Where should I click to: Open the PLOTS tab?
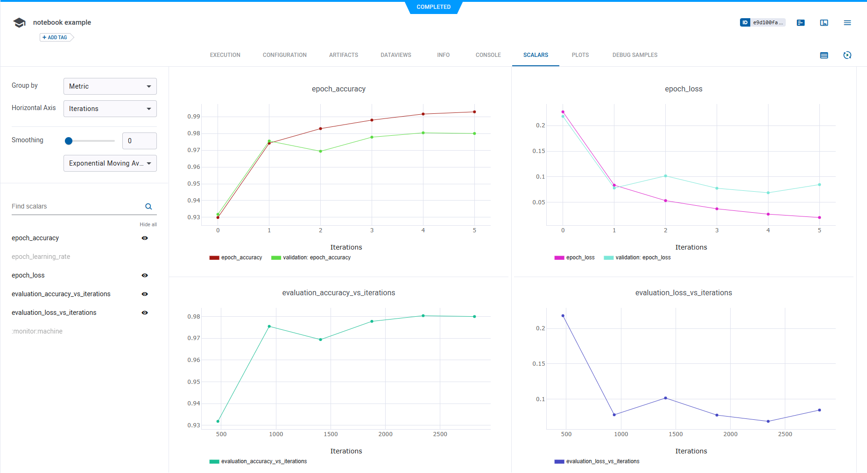coord(580,55)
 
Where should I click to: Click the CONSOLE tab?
coord(488,55)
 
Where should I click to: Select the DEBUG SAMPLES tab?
coord(634,55)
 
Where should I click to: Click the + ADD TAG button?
coord(56,37)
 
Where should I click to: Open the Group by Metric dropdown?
coord(110,86)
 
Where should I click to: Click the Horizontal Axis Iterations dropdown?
coord(110,109)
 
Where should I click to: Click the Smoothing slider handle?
coord(69,141)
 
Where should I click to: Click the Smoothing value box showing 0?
coord(139,141)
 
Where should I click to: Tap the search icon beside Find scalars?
coord(148,207)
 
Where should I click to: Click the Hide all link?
coord(148,224)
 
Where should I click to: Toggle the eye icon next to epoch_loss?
coord(145,275)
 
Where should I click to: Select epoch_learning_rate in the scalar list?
coord(41,257)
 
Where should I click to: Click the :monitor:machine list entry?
coord(37,331)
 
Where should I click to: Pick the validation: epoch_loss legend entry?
coord(642,257)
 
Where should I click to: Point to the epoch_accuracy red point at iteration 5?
coord(474,112)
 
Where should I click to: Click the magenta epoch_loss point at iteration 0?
coord(563,112)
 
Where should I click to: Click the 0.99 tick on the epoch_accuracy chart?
coord(194,117)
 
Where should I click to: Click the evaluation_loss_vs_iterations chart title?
coord(683,293)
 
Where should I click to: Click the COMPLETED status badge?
coord(433,7)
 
